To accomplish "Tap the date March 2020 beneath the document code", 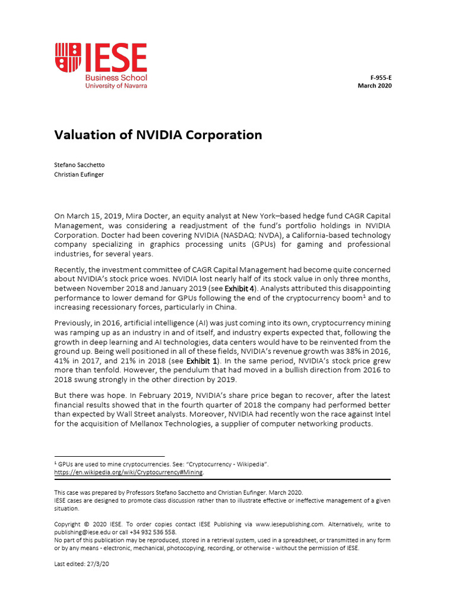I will (375, 86).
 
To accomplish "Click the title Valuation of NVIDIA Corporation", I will (158, 135).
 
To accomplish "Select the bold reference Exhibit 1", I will (202, 360).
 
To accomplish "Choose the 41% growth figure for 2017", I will (63, 360).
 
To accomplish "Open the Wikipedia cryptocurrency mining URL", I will (128, 472).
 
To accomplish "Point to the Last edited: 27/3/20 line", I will (81, 564).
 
